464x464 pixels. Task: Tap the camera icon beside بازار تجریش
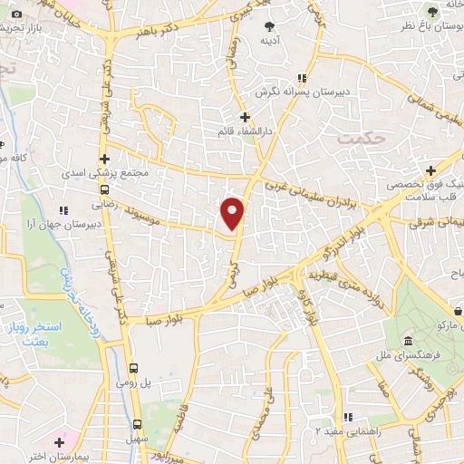(x=16, y=14)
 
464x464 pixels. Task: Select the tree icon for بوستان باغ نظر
(x=431, y=10)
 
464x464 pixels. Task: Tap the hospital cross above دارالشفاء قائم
(x=244, y=117)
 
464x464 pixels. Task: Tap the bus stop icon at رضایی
(x=105, y=190)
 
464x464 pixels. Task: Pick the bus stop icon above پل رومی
(x=134, y=368)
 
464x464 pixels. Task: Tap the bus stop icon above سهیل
(x=138, y=423)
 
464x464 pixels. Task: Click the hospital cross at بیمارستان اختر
(x=59, y=442)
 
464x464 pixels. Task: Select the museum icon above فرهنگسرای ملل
(x=408, y=343)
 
